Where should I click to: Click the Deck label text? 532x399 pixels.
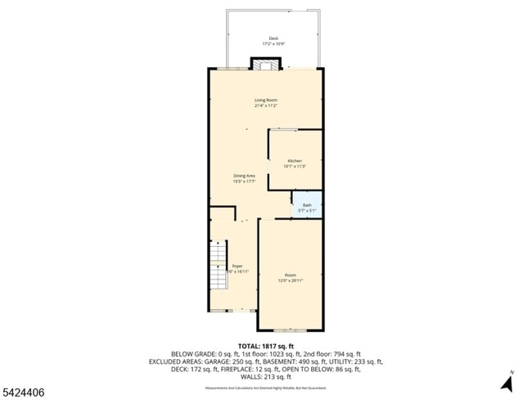point(273,38)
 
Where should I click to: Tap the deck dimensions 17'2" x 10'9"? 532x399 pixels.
point(273,43)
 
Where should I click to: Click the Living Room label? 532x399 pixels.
point(265,100)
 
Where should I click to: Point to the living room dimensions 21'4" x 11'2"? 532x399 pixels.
point(265,105)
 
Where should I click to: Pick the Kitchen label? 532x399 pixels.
point(295,160)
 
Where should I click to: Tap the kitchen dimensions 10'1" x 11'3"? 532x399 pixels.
point(295,166)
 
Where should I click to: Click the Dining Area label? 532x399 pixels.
point(245,176)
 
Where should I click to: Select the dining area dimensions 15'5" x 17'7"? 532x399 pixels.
point(245,182)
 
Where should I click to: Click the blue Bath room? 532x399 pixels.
point(307,207)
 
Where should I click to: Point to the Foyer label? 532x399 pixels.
point(237,266)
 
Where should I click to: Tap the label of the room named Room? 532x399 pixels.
point(291,275)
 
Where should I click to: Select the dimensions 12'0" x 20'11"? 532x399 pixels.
point(291,280)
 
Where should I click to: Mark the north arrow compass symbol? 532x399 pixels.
point(507,380)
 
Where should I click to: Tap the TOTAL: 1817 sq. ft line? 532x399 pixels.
point(265,346)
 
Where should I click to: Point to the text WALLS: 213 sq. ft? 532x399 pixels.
point(266,376)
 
